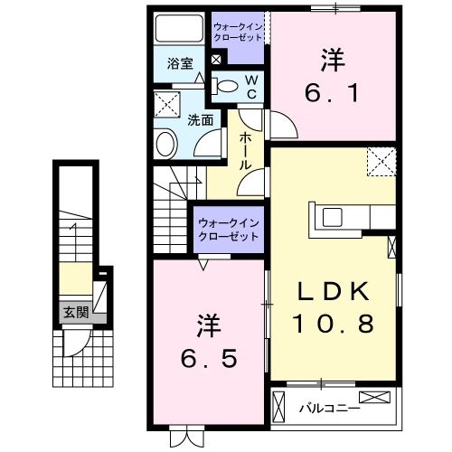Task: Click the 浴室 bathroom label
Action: click(x=181, y=64)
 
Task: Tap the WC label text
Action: click(x=252, y=88)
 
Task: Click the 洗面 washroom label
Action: click(x=201, y=118)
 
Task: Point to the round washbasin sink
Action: click(x=166, y=143)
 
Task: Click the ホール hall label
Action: click(x=246, y=152)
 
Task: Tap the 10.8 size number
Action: click(x=332, y=322)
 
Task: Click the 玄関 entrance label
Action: click(x=75, y=313)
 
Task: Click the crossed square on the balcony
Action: click(x=376, y=398)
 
